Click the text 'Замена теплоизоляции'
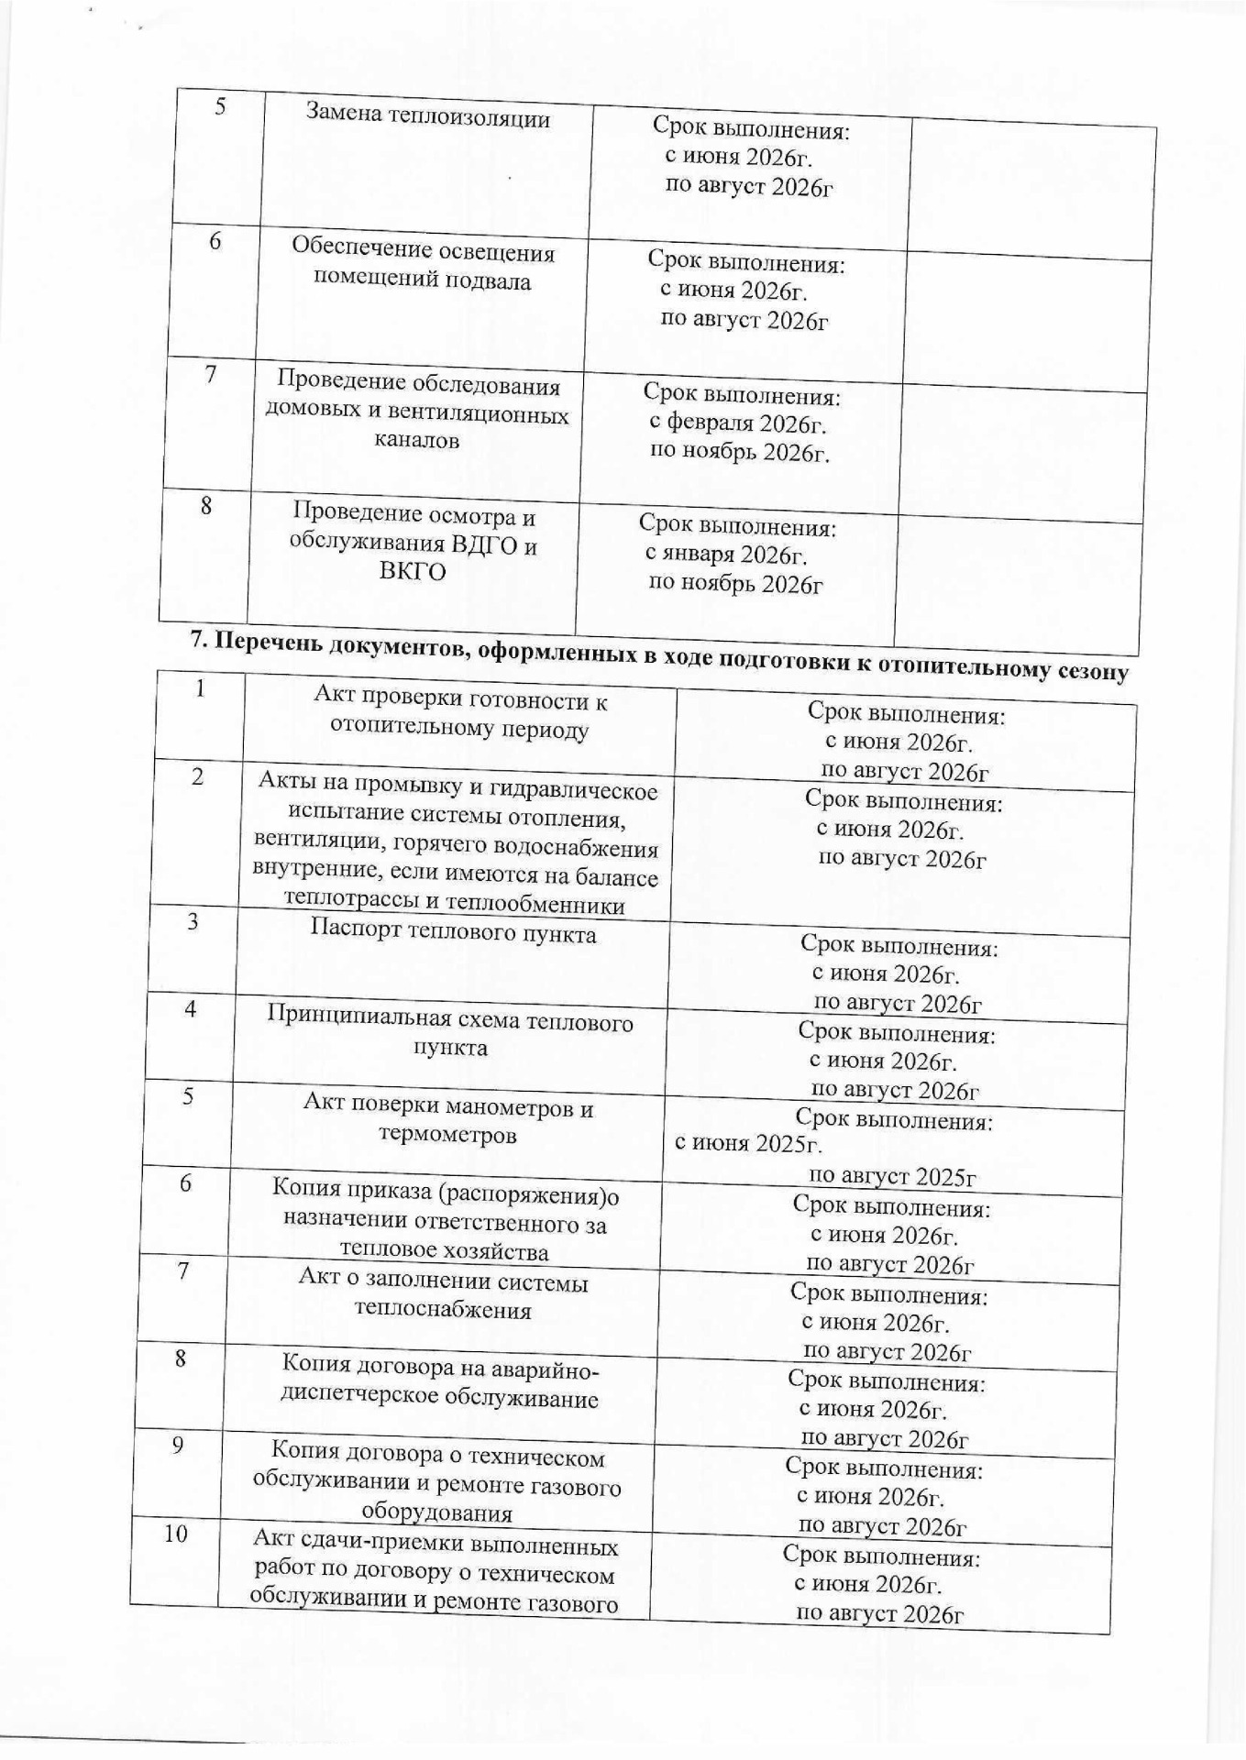coord(427,116)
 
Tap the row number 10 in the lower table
coord(176,1533)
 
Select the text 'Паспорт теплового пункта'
coord(453,933)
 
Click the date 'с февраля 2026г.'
coord(738,423)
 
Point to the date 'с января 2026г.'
coord(726,555)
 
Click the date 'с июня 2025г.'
coord(748,1144)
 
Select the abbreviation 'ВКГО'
coord(413,573)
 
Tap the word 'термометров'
coord(447,1135)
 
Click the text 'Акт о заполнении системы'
coord(444,1281)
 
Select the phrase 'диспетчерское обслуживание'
coord(438,1398)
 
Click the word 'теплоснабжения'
coord(443,1310)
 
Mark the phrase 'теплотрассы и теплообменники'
coord(455,904)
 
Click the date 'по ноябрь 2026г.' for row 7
coord(739,452)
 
